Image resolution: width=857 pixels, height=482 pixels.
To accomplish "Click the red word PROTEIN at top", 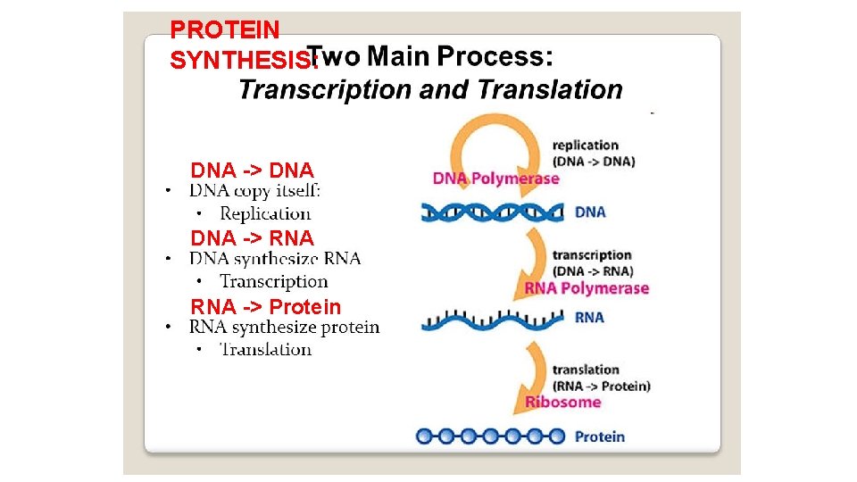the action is click(224, 29).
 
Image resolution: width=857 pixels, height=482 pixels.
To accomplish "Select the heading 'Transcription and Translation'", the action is click(430, 89).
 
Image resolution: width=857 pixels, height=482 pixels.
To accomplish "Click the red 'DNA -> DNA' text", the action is click(252, 170).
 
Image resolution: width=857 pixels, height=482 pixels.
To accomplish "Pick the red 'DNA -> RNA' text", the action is click(252, 238).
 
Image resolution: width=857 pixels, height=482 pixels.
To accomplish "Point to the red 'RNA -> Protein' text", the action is click(265, 307).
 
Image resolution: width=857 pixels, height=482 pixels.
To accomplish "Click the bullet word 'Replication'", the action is click(265, 213).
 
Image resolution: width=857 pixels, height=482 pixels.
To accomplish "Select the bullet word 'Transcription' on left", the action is click(274, 282).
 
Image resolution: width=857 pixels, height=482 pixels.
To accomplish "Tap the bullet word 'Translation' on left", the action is click(265, 349).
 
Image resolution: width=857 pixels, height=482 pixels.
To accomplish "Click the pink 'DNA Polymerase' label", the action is click(495, 179).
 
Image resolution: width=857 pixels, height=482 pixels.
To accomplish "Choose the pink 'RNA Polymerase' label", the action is click(586, 287).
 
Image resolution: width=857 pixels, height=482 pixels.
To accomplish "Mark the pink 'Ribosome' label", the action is click(562, 402).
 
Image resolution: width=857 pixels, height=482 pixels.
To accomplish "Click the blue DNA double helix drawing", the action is click(493, 212).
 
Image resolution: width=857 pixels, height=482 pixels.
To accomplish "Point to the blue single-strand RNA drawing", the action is click(493, 319).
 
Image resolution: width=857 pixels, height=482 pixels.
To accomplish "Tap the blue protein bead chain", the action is click(491, 436).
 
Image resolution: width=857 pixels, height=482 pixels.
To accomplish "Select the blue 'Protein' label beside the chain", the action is click(599, 436).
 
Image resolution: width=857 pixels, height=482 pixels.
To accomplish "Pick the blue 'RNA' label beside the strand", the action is click(589, 317).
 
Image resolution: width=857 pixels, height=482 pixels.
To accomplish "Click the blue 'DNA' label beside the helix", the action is click(590, 212).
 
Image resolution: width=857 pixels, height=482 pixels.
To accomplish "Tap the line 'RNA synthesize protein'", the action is click(284, 328).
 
